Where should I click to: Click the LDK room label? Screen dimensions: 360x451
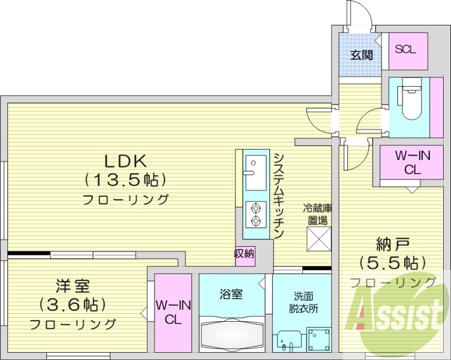coord(125,161)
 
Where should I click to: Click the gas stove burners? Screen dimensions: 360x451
coord(254,214)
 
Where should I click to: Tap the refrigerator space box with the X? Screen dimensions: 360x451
coord(318,238)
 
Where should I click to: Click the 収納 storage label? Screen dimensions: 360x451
coord(245,254)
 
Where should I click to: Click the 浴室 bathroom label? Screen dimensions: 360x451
coord(231,294)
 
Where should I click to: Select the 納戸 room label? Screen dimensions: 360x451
coord(392,245)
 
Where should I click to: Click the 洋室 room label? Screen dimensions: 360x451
coord(72,286)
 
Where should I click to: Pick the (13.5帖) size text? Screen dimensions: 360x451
coord(125,180)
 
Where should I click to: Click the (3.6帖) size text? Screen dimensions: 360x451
coord(72,305)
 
